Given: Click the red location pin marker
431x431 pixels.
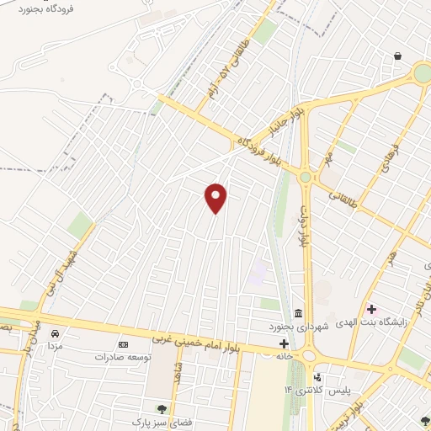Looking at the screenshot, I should pos(216,197).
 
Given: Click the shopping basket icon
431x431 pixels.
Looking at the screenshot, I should pos(397,56).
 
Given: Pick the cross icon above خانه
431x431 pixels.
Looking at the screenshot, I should pos(284,343).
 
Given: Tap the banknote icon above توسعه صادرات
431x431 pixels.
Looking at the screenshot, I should pos(124,344).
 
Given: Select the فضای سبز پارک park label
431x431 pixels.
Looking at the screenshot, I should pos(159,420).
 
